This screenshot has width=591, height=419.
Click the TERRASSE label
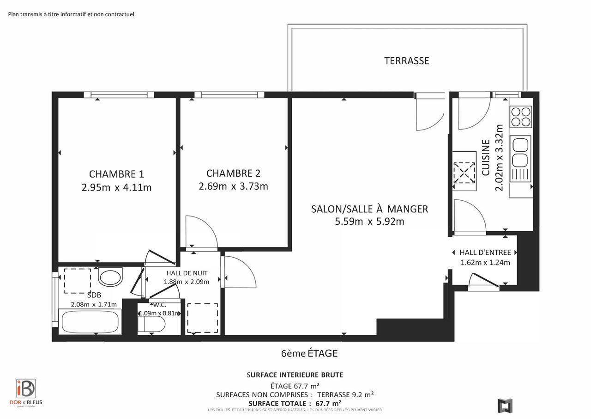coord(406,61)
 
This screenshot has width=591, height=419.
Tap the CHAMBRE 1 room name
coord(116,174)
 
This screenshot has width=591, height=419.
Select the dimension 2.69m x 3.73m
coord(233,186)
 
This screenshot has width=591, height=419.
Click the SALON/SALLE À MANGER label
coord(369,209)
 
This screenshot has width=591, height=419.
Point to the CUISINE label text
coord(486,157)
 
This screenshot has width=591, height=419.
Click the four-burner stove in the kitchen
coord(520,117)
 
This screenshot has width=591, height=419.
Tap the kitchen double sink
coord(520,153)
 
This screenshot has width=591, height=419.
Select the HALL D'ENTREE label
coord(485,253)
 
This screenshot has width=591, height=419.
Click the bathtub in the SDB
coord(90,322)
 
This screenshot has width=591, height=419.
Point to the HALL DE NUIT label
coord(187,273)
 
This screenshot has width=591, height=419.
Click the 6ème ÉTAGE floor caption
coord(309,353)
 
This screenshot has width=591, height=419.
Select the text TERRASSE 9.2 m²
coord(345,394)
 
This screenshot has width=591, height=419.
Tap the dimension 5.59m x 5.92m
coord(369,222)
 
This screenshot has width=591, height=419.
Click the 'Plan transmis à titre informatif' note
coord(71,14)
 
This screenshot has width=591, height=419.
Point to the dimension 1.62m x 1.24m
coord(485,263)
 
